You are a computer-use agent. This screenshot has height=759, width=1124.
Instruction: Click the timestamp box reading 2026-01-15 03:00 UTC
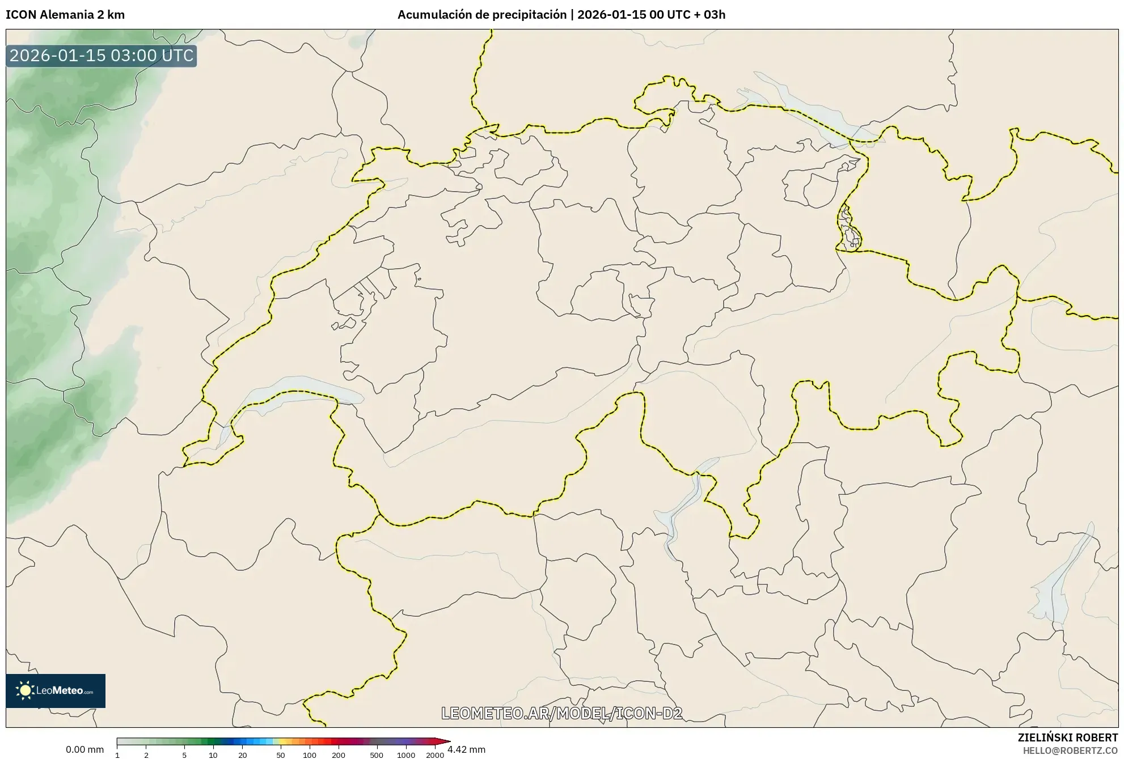point(101,56)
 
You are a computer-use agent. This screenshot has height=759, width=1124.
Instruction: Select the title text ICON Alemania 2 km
point(65,15)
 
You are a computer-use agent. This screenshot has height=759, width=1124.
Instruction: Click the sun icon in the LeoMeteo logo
point(25,690)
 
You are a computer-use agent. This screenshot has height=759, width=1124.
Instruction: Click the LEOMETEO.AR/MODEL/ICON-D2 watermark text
point(561,713)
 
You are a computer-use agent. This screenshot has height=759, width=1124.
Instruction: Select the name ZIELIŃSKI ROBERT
point(1068,737)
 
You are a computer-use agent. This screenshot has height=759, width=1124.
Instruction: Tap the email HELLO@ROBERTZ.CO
point(1070,750)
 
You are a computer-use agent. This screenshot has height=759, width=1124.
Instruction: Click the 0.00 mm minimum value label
point(84,749)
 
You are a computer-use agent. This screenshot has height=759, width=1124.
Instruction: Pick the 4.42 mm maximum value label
point(466,749)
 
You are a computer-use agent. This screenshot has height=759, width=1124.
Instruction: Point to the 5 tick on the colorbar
point(184,754)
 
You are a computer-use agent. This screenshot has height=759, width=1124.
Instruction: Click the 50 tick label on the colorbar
point(280,754)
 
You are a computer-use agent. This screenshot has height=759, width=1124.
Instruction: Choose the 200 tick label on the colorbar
point(339,754)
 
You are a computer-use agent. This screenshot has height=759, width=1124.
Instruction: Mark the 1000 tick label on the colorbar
point(406,754)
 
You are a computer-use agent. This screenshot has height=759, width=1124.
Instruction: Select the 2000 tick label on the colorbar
point(435,754)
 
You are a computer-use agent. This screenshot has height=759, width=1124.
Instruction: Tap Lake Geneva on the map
point(295,391)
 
